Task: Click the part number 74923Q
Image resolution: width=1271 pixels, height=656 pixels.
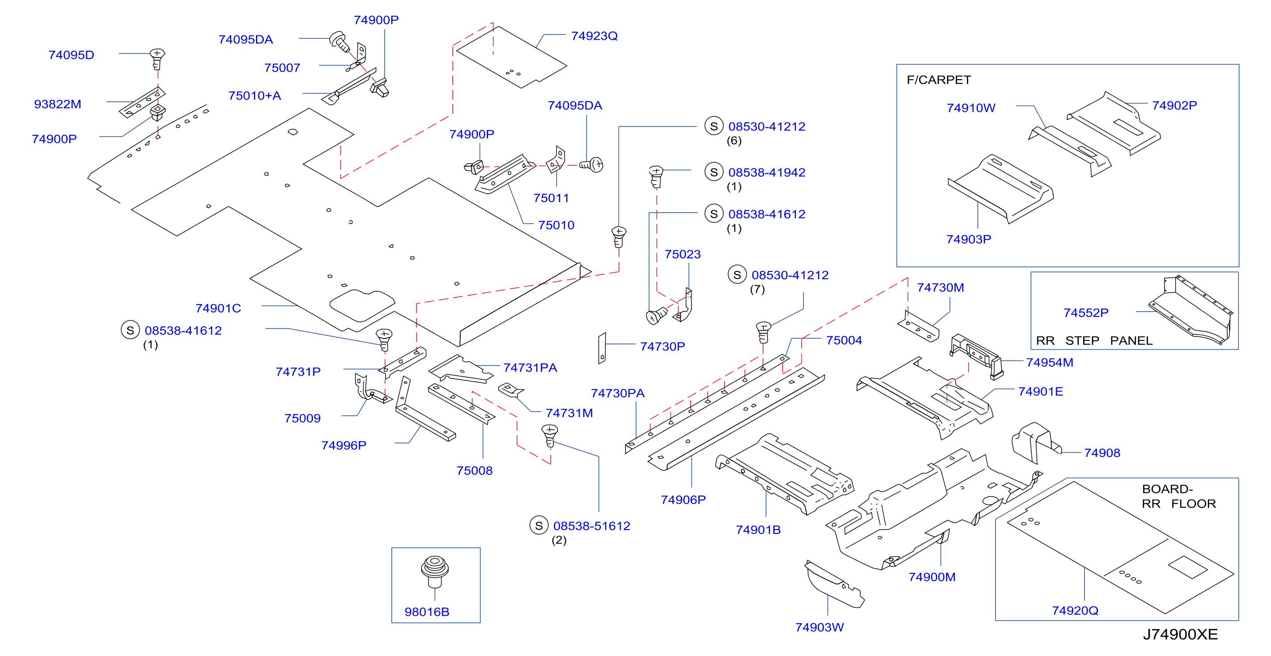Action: coord(594,36)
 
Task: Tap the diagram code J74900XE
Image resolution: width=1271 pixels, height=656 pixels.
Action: coord(1180,634)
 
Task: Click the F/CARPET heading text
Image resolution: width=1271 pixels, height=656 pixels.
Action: coord(939,80)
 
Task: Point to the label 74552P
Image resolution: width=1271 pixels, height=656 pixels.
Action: coord(1085,313)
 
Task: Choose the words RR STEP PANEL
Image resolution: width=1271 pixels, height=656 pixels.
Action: coord(1094,340)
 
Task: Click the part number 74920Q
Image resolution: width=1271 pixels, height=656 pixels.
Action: coord(1075,610)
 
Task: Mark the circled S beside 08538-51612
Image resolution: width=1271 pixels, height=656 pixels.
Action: coord(539,526)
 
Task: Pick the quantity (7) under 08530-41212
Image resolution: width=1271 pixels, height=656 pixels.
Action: coord(757,290)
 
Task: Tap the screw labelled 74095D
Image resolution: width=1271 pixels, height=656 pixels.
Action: coord(157,59)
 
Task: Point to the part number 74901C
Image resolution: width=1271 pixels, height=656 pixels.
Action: coord(218,308)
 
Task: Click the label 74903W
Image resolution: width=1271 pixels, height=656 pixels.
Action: coord(819,627)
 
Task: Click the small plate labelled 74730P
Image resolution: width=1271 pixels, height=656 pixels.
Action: coord(602,348)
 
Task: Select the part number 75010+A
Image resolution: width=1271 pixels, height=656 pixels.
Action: coord(255,95)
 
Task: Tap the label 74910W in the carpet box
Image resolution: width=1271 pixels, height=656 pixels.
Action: coord(970,108)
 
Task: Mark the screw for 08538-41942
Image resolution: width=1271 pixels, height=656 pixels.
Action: coord(656,177)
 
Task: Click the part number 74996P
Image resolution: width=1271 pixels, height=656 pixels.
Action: coord(344,446)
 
